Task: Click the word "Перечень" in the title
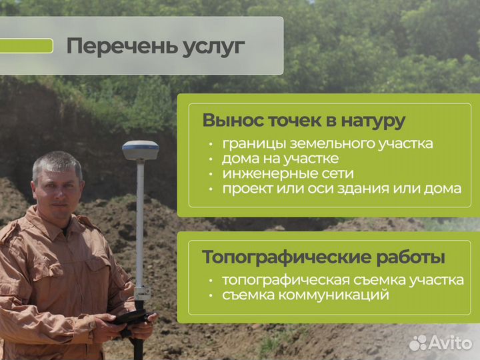tap(113, 47)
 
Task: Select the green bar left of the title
tap(26, 46)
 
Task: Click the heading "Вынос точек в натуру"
tap(303, 121)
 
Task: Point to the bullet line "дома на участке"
tap(280, 159)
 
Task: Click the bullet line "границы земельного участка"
tap(327, 143)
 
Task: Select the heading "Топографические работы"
tap(323, 257)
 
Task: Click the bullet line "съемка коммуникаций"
tap(305, 295)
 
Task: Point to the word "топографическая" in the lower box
tap(278, 280)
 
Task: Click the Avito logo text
tap(451, 343)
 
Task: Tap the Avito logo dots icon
tap(419, 343)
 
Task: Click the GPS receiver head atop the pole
tap(140, 150)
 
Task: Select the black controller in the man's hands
tap(130, 317)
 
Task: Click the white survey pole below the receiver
tap(140, 220)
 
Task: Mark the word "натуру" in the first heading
tap(373, 121)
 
